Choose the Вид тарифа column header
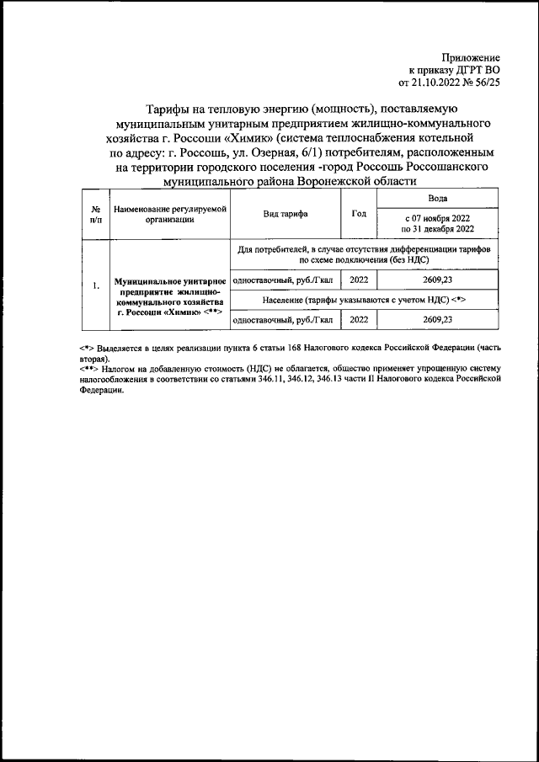tap(285, 214)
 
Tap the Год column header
tap(358, 214)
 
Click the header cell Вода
tap(437, 199)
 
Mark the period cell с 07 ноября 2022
tap(437, 223)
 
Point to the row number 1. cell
tap(96, 285)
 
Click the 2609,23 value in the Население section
tap(437, 320)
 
